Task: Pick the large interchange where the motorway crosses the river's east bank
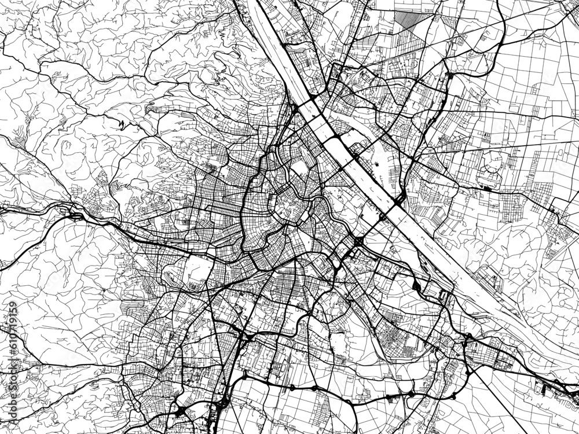400,200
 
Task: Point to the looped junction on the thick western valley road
75,215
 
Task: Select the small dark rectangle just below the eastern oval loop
485,187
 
